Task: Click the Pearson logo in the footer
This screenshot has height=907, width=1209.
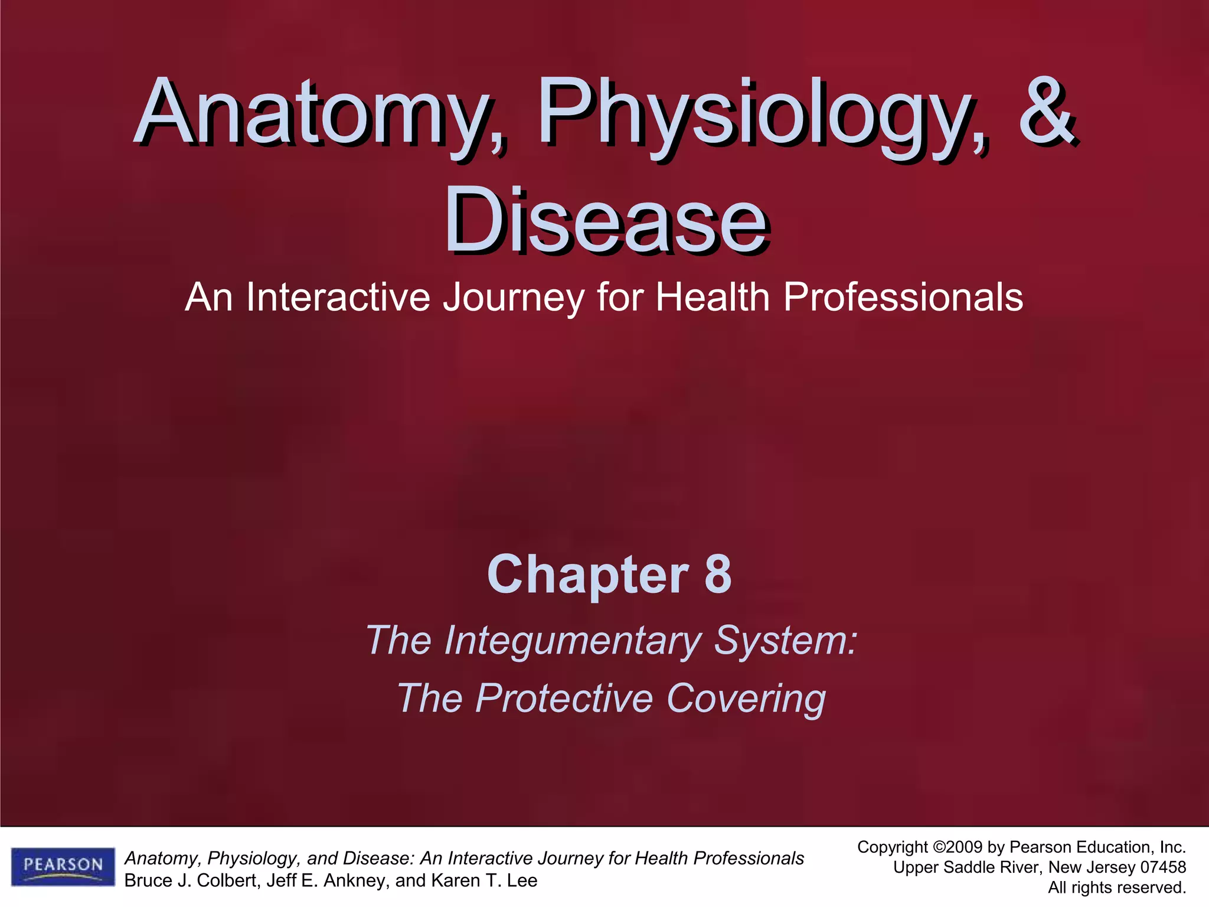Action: point(63,866)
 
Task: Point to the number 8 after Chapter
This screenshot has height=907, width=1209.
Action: point(718,575)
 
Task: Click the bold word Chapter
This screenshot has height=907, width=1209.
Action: point(588,576)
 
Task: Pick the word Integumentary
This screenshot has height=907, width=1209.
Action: point(573,641)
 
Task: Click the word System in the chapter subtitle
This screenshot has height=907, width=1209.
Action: point(785,640)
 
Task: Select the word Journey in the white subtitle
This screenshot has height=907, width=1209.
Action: point(514,298)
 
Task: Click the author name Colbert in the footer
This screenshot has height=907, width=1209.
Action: point(227,880)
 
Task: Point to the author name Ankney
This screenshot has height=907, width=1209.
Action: point(352,881)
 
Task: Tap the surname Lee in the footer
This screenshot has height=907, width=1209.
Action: point(522,880)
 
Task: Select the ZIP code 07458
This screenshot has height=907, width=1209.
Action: point(1162,867)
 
